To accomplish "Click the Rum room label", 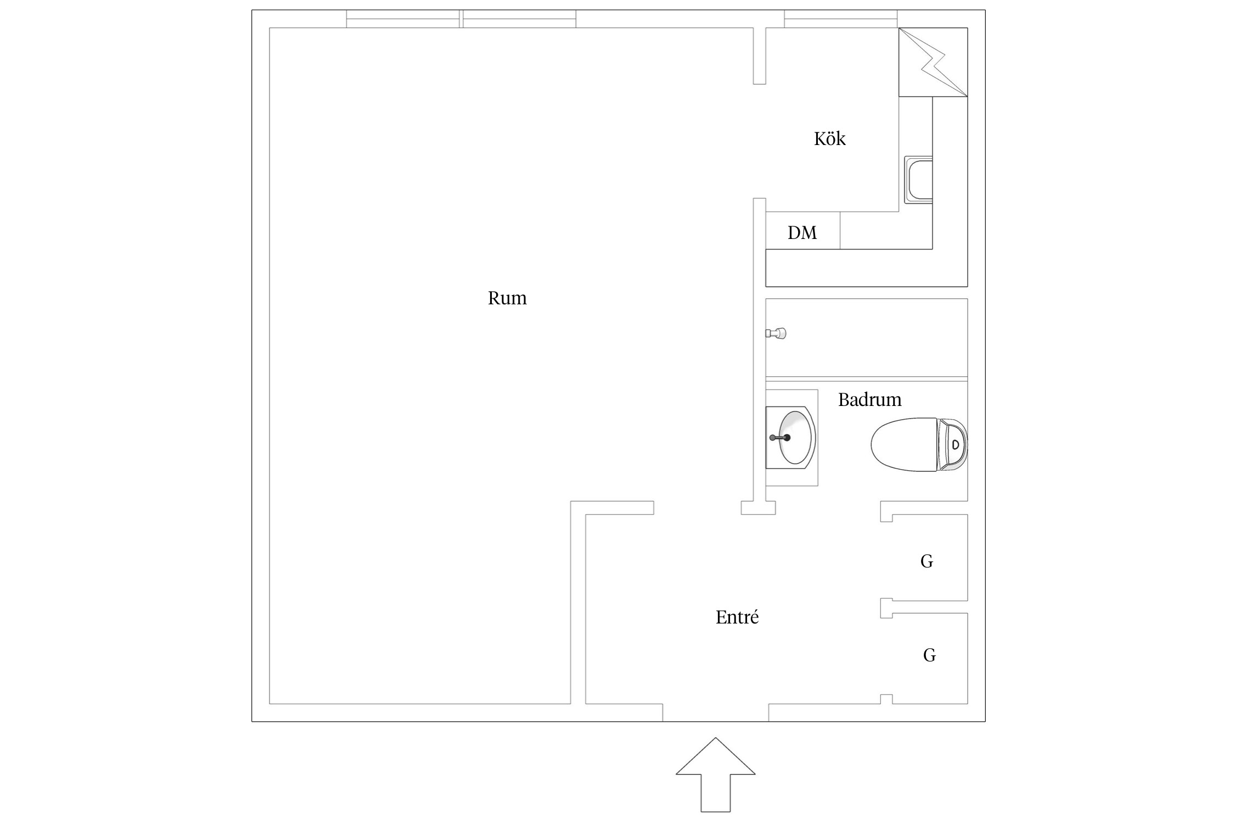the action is pos(507,298).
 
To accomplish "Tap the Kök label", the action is pos(829,138).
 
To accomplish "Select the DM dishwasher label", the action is pos(802,233).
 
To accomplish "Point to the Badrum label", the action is pos(869,399).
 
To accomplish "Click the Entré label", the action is pos(737,617).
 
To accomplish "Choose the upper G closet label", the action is pos(927,561).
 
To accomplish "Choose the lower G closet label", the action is pos(929,655).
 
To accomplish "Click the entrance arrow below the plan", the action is pos(715,775).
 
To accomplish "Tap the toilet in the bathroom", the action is pos(919,444).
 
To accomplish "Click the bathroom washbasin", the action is pos(791,438).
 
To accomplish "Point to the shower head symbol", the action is pos(776,333).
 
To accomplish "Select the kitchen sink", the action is pos(918,180).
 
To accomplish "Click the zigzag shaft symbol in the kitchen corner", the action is pos(933,62).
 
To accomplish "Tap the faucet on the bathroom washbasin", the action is pos(780,438).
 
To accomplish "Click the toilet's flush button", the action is pos(956,444).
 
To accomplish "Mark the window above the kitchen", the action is pos(840,19).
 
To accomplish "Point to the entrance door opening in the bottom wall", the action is pos(715,712).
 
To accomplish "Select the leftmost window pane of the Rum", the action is pos(403,19).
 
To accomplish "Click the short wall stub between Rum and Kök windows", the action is pos(759,55).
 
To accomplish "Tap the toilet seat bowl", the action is pos(904,444).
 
